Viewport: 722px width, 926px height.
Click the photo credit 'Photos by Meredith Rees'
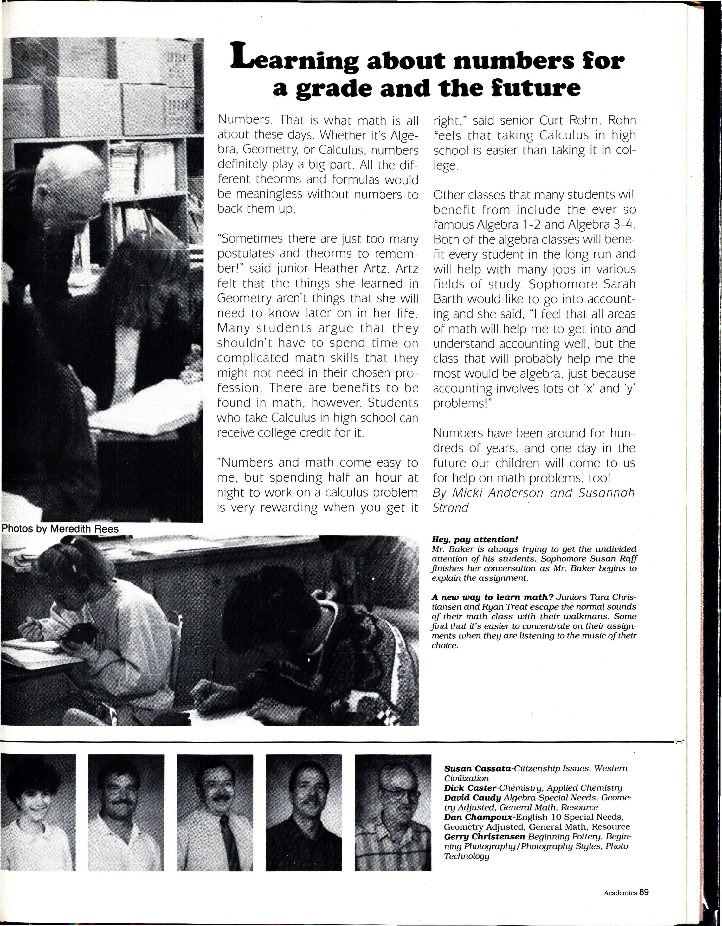[x=60, y=529]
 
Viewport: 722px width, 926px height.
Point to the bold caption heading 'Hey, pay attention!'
[x=475, y=540]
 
